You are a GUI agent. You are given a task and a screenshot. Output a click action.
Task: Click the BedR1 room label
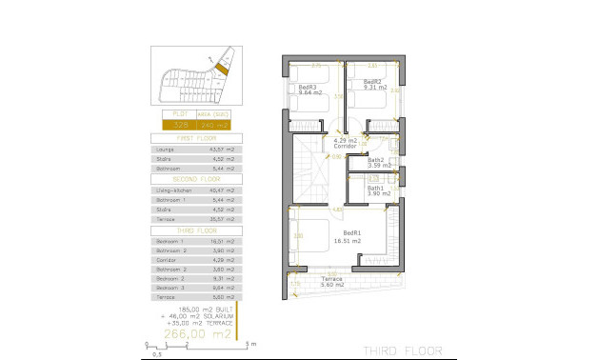(351, 233)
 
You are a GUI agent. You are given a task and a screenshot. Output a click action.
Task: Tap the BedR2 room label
(372, 82)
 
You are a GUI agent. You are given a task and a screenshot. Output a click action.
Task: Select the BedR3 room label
(307, 87)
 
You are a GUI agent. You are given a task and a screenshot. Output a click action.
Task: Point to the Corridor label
(345, 146)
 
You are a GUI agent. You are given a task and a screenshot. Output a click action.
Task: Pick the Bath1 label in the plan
(376, 188)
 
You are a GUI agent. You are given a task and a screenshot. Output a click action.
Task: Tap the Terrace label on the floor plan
(331, 279)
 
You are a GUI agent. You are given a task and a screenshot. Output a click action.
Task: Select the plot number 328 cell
(180, 124)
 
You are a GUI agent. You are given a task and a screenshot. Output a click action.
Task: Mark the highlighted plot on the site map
(223, 68)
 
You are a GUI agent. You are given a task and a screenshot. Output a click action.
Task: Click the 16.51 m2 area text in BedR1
(348, 241)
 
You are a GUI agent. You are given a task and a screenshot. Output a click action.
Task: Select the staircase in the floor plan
(308, 171)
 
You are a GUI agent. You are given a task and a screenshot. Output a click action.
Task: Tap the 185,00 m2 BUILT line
(195, 310)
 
